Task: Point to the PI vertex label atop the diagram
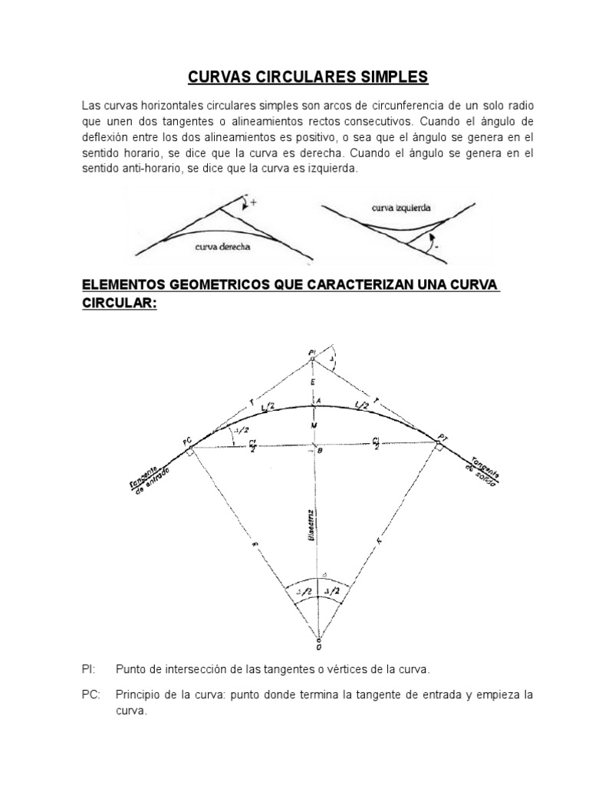pos(311,353)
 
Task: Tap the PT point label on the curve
pos(442,438)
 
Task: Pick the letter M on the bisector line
pos(313,424)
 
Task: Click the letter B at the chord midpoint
pos(320,453)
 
